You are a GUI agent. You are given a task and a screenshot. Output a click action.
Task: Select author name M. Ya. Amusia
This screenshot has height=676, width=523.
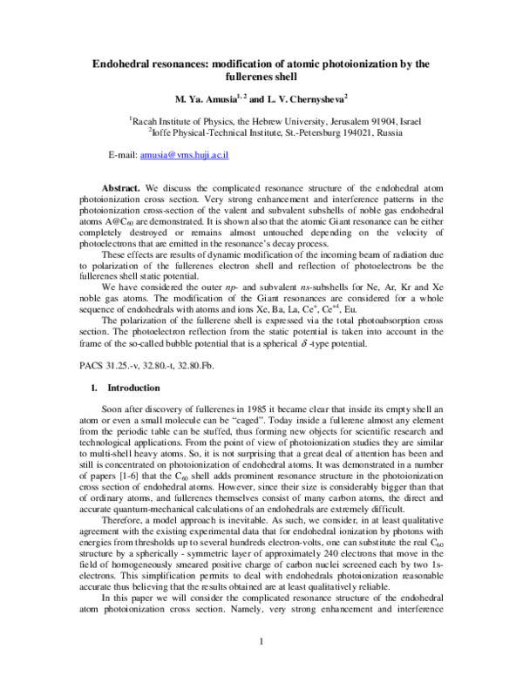[x=198, y=98]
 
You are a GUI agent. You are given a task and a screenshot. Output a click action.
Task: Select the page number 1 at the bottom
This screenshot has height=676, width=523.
[x=261, y=642]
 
